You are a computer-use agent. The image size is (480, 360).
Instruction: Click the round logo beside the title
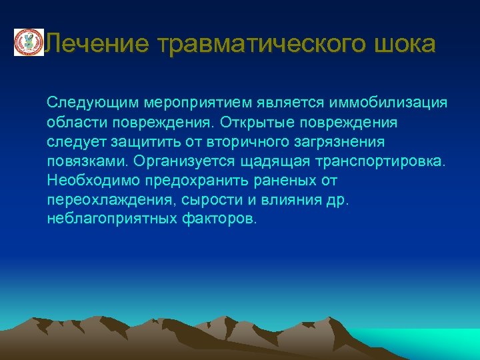29,43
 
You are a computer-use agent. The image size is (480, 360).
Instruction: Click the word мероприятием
188,103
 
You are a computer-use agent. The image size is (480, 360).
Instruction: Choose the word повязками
88,161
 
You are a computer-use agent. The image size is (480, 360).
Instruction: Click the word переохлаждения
103,200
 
